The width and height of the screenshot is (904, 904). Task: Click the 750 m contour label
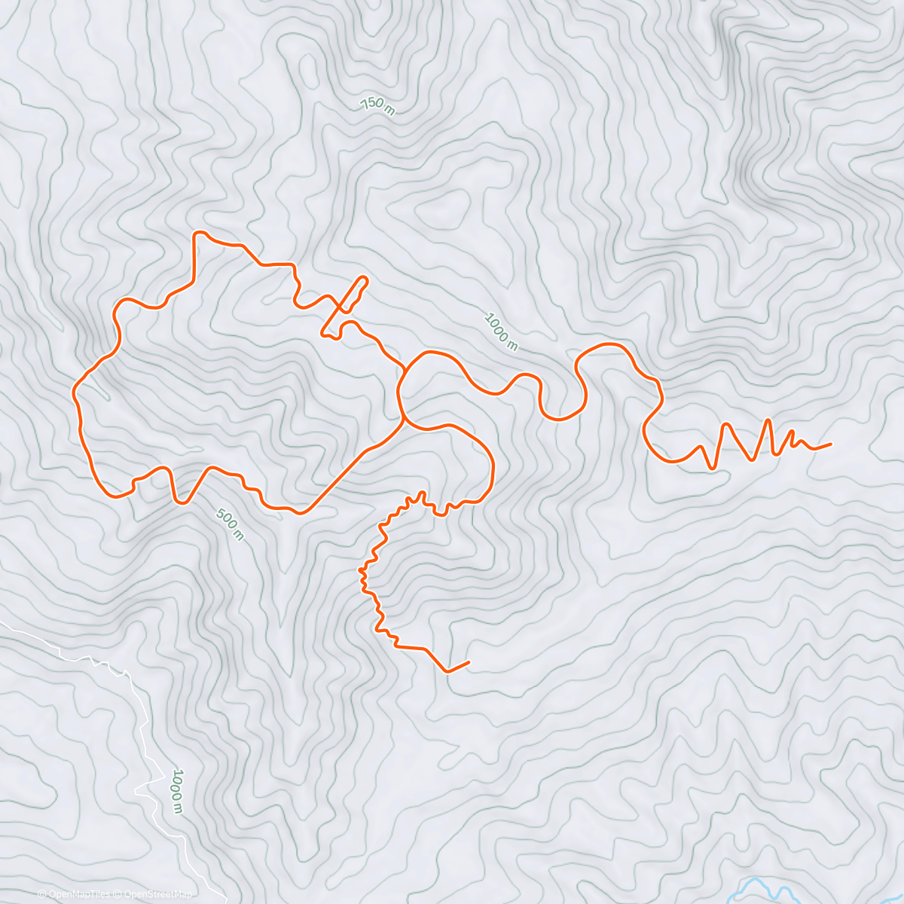coord(377,106)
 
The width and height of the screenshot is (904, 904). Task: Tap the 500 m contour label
coord(230,524)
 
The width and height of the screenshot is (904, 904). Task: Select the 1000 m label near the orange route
coord(501,331)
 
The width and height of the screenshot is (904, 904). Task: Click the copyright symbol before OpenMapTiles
coord(43,894)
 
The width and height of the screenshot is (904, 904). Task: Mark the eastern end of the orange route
coord(830,444)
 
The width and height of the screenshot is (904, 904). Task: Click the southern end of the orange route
coord(469,662)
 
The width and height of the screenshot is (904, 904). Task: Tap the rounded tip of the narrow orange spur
coord(366,279)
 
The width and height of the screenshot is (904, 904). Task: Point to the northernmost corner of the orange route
coord(198,233)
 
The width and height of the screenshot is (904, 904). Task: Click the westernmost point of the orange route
coord(74,392)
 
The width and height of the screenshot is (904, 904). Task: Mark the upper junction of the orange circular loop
coord(405,369)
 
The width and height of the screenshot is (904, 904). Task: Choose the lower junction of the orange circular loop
coord(405,420)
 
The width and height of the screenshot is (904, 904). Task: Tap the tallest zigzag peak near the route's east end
coord(768,420)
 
